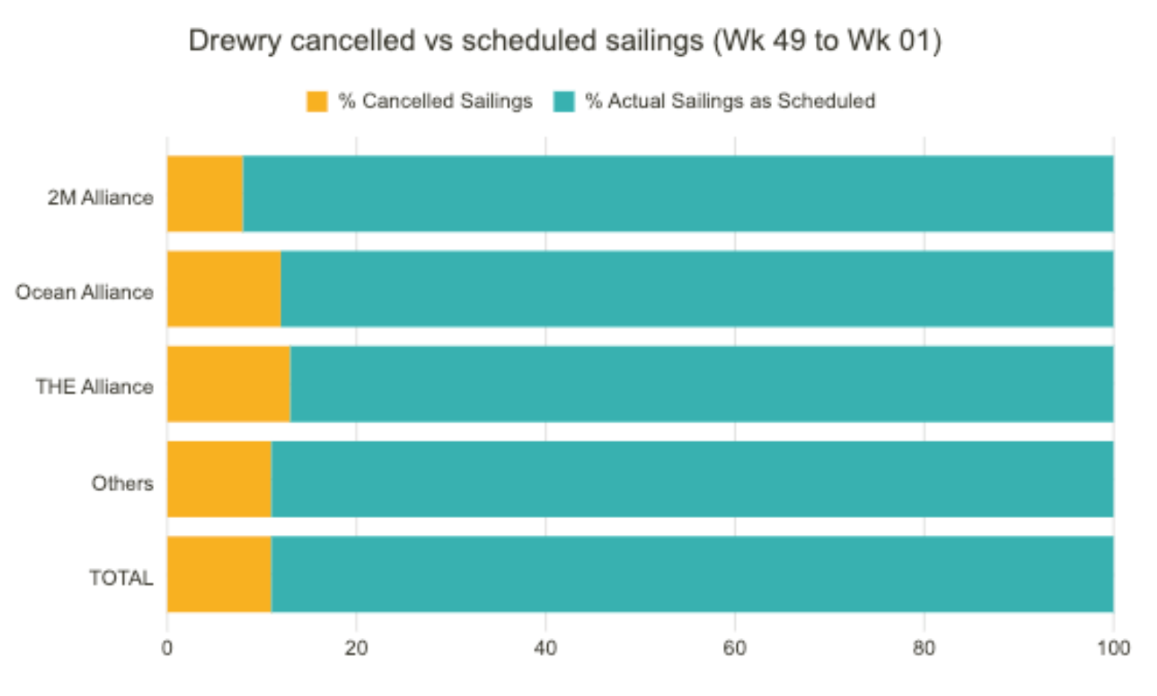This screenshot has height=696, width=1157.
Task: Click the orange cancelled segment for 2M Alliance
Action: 205,194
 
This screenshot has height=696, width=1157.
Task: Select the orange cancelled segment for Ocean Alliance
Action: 223,289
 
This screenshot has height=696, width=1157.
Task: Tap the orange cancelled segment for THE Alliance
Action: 229,384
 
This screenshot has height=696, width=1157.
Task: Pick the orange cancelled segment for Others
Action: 219,479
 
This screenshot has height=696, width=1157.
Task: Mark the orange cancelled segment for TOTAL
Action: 219,574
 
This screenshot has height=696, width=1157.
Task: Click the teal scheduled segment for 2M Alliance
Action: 678,194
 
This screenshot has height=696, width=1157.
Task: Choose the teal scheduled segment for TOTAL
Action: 692,574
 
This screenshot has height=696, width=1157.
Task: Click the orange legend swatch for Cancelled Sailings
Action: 317,101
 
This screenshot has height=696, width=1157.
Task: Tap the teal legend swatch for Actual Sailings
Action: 564,101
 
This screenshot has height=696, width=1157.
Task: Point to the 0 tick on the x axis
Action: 167,648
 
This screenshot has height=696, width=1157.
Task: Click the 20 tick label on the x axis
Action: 356,648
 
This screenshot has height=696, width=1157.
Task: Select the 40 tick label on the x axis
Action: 545,648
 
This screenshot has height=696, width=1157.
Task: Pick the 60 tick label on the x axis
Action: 734,648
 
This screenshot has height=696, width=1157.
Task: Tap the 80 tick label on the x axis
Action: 923,648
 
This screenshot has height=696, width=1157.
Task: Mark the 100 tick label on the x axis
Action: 1113,648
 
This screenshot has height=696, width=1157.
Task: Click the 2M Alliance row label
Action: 101,197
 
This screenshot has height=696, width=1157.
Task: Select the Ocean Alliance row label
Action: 84,292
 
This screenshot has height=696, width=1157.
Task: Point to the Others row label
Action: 122,484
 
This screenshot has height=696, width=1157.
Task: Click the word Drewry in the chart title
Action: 234,41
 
